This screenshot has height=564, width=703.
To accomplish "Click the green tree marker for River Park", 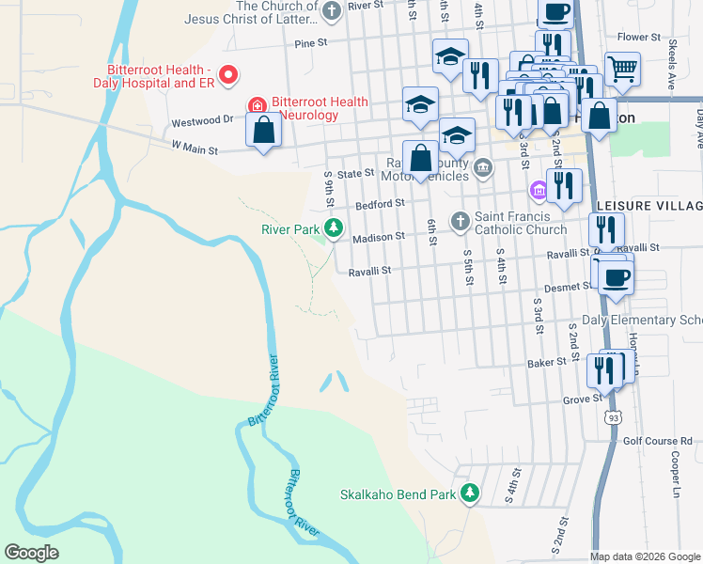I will [333, 227].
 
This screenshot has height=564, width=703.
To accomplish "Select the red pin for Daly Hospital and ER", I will [227, 74].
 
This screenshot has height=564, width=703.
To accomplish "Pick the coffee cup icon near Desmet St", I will [617, 277].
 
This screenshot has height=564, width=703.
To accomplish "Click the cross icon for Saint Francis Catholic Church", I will [460, 220].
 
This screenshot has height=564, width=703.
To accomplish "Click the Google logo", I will [32, 553].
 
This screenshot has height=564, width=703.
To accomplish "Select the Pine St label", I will [310, 42].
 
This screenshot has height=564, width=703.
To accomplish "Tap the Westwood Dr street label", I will [202, 121].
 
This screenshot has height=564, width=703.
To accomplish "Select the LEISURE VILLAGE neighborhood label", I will [648, 205].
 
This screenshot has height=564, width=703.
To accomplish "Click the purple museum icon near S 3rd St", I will [538, 191].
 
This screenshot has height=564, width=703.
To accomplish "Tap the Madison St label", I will [378, 238].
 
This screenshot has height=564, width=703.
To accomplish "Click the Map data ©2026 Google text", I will [645, 556].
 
